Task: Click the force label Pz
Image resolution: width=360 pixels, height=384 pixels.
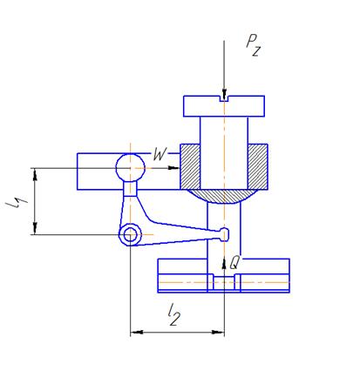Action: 254,45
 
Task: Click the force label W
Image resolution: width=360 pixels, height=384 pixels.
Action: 160,154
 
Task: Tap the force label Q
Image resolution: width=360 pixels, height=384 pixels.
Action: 234,263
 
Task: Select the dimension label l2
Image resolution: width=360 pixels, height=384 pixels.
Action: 174,314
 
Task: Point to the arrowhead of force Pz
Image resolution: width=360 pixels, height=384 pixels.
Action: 224,95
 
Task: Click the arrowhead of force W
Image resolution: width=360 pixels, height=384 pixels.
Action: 173,168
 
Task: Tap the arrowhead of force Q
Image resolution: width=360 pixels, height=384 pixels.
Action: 224,264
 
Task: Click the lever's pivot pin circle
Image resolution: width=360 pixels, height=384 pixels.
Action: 130,234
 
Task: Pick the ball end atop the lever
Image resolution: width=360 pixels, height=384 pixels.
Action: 130,168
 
